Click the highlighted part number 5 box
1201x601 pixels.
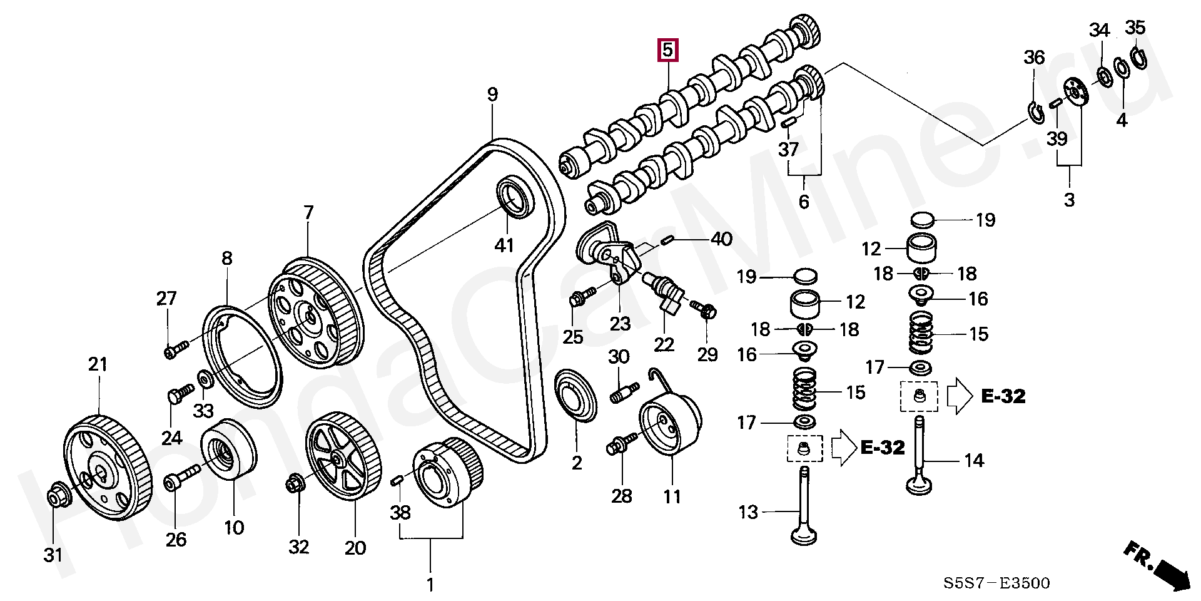[667, 49]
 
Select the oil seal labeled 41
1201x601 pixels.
[515, 197]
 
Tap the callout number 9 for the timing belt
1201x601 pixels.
[493, 95]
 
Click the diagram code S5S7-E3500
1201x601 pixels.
[996, 583]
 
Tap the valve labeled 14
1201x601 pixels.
[920, 456]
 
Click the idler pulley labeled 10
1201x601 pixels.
[228, 449]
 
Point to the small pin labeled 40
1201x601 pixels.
[667, 239]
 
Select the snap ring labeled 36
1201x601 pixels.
[1036, 111]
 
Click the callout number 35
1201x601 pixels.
[1135, 28]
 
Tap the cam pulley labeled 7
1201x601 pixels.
[315, 312]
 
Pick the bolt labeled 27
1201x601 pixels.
[176, 349]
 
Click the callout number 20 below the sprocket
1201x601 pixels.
[355, 548]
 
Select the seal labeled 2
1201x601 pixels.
[576, 395]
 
